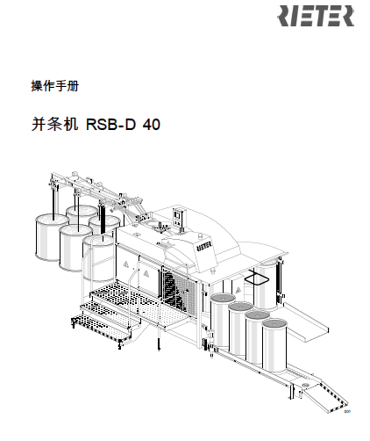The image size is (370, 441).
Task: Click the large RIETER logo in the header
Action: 316,16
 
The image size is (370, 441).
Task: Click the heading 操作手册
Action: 55,86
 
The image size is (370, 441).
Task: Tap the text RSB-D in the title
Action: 110,124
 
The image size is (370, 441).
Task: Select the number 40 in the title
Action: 152,124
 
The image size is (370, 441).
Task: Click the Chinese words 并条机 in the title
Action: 54,124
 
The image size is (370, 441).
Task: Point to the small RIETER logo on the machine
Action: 204,246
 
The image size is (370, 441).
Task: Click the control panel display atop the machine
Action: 177,216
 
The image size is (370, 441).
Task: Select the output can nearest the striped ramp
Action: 274,345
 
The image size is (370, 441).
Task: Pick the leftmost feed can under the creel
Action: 48,237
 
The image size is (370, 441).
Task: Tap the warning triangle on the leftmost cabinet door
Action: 126,264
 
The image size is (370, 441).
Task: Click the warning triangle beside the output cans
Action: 238,290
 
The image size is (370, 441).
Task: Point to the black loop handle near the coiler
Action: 257,278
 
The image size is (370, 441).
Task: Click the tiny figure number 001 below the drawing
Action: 347,412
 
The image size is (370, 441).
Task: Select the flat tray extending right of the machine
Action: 304,322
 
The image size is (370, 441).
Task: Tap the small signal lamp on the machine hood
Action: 200,235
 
